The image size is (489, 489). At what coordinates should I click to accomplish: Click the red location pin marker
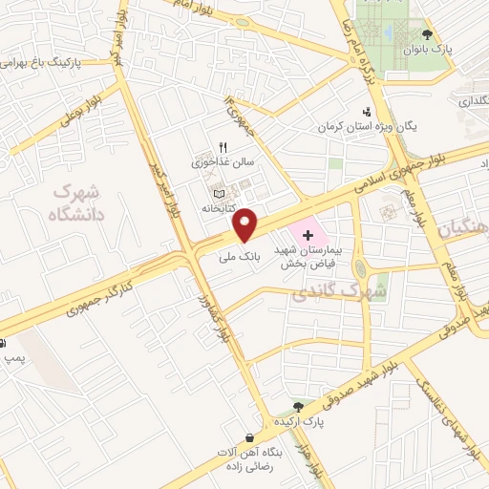tap(247, 225)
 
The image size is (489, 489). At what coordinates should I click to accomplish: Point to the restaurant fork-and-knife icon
tap(223, 147)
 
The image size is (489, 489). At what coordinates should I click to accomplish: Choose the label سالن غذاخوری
tap(223, 162)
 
